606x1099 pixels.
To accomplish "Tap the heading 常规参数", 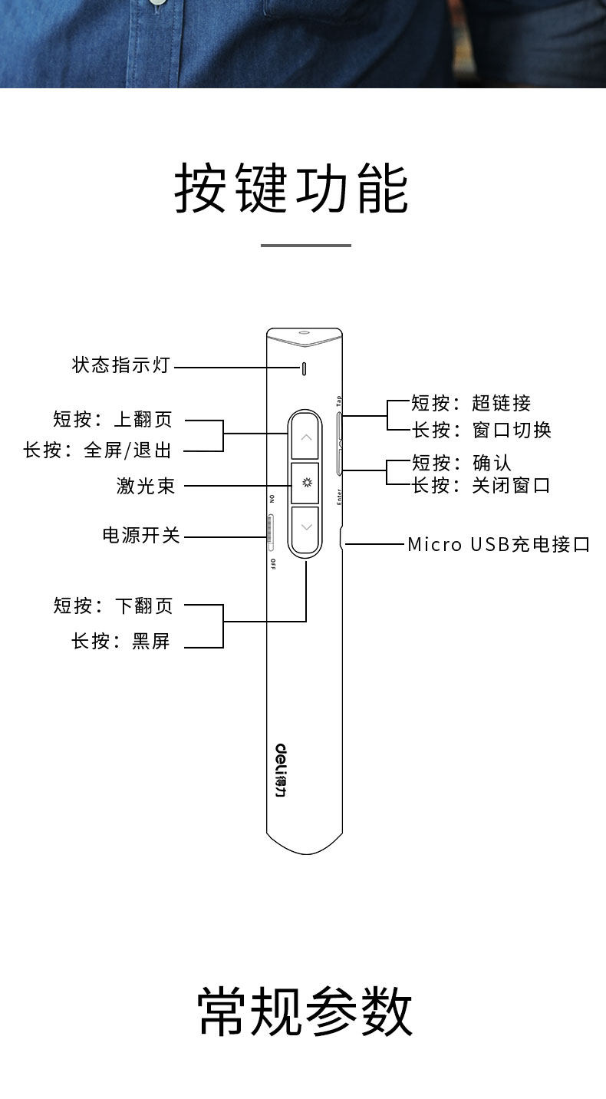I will (x=305, y=1012).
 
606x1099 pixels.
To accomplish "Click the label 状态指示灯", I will (x=120, y=365).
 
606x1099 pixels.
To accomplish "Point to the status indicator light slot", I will (x=305, y=368).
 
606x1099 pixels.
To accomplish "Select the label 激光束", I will (x=146, y=485).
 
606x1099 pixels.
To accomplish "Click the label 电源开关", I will (x=141, y=535).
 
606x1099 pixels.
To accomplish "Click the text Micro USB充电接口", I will (x=499, y=545).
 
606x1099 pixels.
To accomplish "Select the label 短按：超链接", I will (x=471, y=403).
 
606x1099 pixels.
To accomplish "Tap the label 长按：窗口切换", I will (x=482, y=429).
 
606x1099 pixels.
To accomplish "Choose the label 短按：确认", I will (x=462, y=463).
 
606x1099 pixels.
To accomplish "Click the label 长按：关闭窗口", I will (x=481, y=485).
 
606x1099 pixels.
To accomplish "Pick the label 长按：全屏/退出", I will (x=97, y=450).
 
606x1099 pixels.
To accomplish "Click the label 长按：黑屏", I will (x=120, y=641).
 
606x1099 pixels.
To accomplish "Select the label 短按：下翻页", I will (x=114, y=606).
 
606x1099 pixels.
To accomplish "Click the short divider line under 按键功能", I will (x=305, y=246).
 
